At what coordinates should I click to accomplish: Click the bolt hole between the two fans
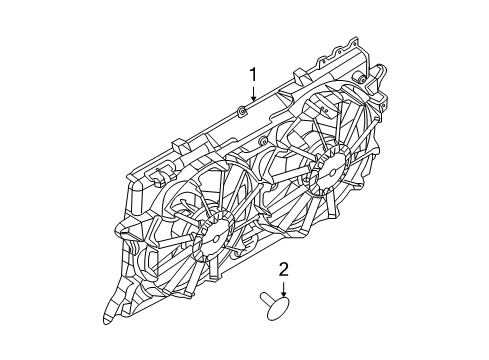coord(268,205)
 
